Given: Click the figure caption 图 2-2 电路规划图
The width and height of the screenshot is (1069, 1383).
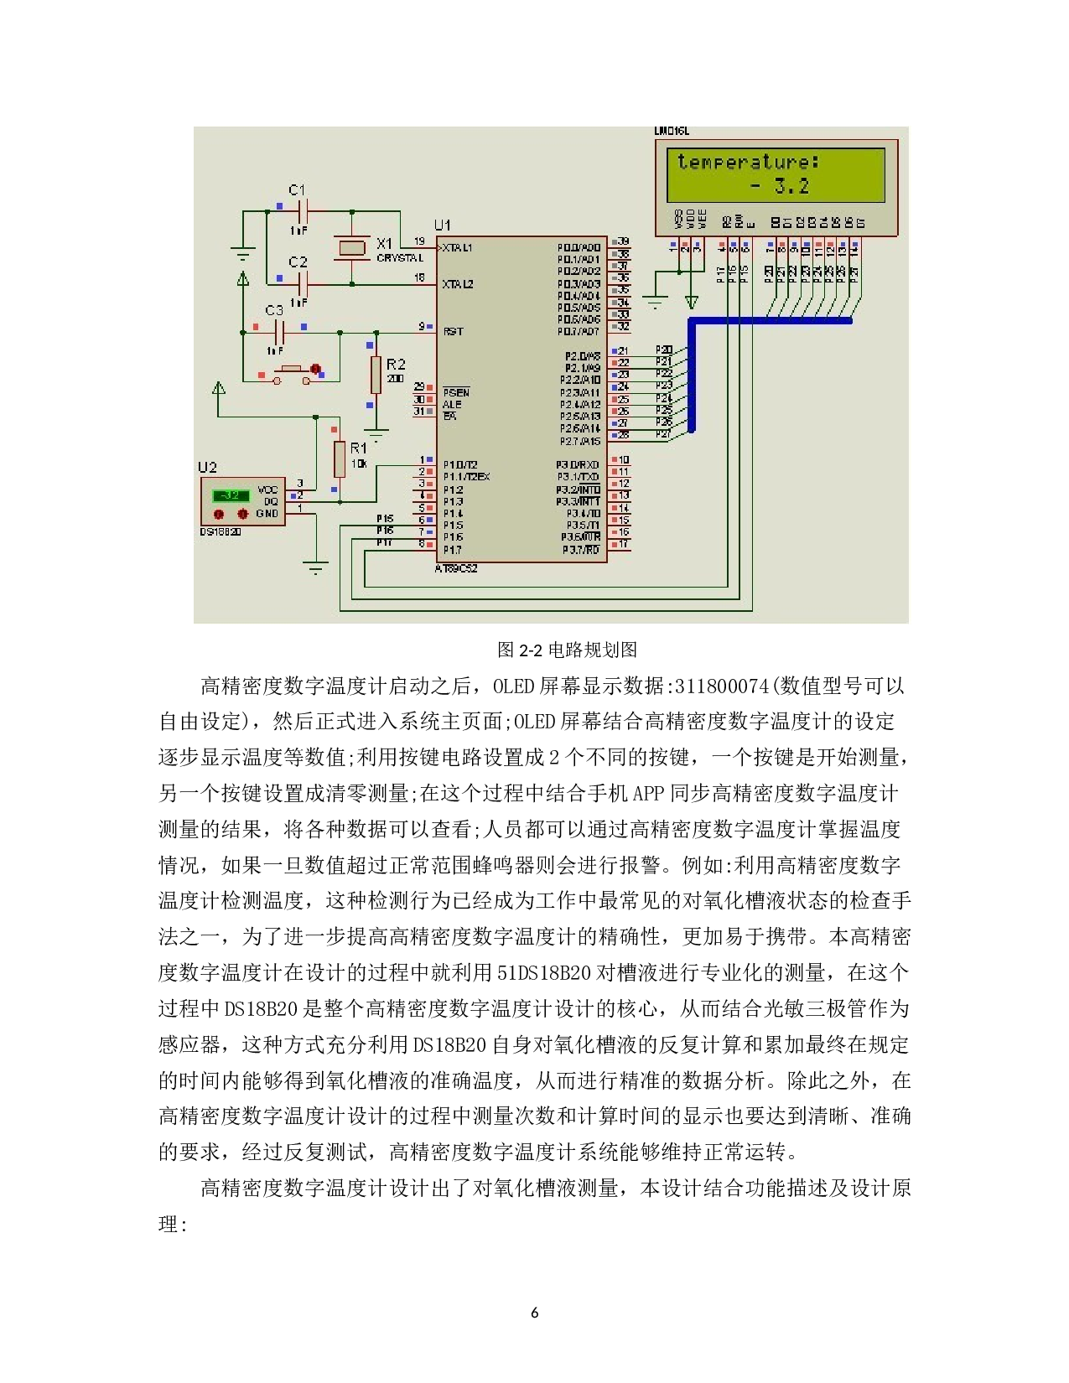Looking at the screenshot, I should [567, 650].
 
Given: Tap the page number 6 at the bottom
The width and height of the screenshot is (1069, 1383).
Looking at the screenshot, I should [534, 1313].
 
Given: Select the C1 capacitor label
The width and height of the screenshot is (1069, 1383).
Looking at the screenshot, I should [298, 190].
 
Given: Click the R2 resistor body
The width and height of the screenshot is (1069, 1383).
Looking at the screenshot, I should [376, 374].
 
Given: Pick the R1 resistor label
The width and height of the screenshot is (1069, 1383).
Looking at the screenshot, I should [358, 448].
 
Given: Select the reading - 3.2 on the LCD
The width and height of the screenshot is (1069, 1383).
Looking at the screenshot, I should [780, 186].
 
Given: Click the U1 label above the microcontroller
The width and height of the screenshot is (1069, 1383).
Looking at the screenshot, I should [442, 225].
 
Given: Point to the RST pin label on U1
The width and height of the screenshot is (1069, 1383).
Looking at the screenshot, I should [453, 332].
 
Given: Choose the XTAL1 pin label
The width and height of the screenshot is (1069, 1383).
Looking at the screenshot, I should [458, 248].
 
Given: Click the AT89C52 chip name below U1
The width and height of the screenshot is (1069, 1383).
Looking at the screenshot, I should [455, 568].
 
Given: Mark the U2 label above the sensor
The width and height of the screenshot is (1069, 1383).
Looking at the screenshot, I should [207, 467].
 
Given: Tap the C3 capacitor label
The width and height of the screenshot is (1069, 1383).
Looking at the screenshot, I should [274, 310].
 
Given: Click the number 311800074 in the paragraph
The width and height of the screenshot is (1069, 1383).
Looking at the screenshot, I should [721, 686].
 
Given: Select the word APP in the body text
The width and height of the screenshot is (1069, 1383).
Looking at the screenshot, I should [649, 794].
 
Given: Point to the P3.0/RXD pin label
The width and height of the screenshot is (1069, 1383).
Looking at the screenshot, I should [579, 464].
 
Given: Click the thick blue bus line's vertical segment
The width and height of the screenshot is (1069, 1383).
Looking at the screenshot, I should [692, 377].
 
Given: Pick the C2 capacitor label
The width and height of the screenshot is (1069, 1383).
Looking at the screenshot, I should [298, 262].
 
